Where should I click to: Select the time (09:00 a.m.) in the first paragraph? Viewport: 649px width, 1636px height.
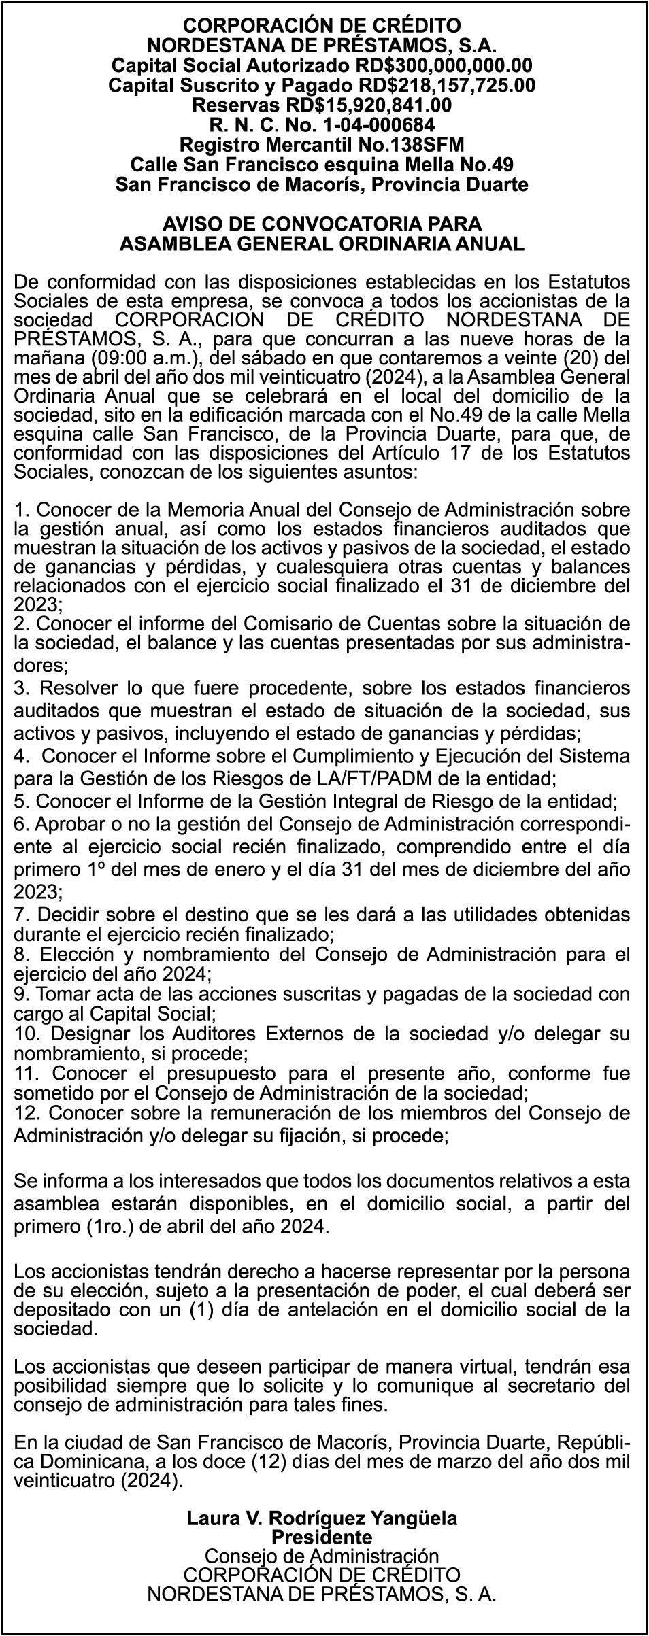(x=113, y=356)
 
